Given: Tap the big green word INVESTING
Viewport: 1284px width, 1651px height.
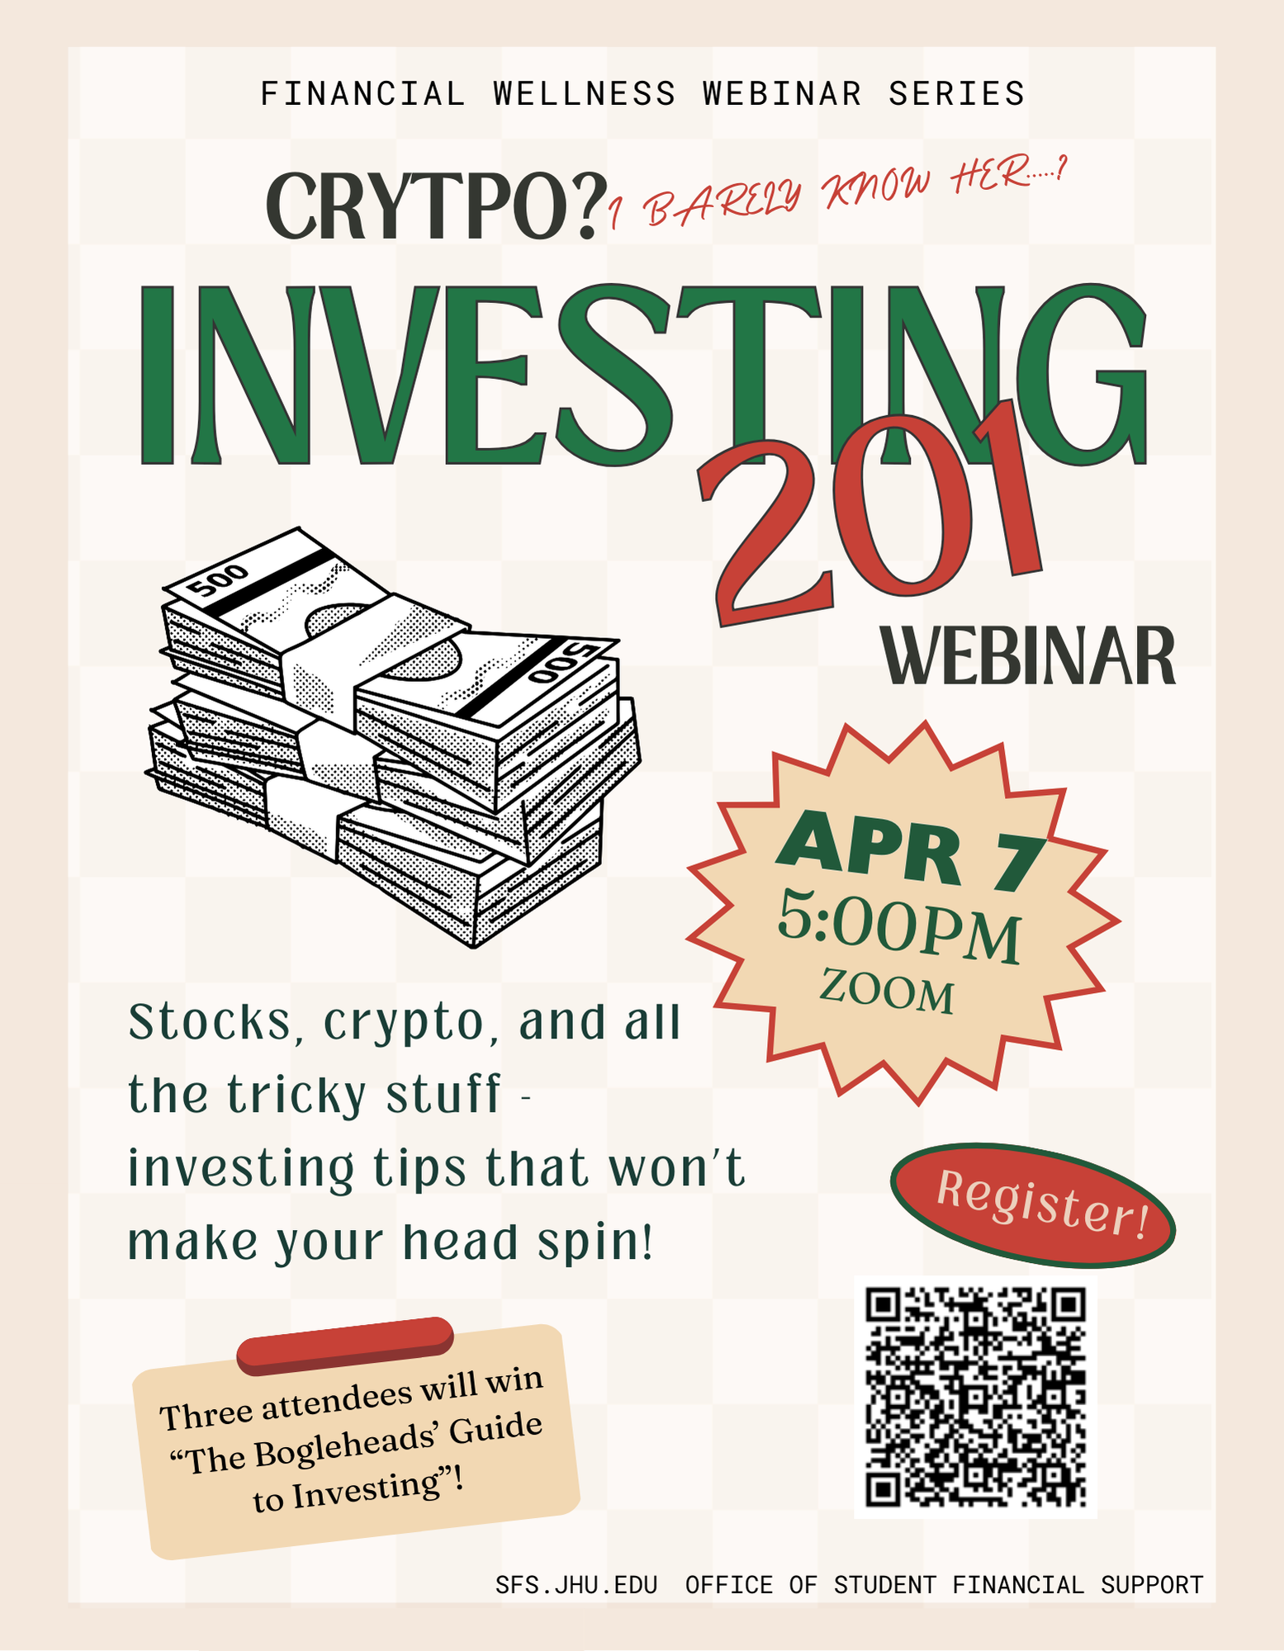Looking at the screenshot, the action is tap(642, 376).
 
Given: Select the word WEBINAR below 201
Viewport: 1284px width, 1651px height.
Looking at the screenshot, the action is tap(1028, 656).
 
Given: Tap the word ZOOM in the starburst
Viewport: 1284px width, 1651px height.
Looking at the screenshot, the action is tap(887, 991).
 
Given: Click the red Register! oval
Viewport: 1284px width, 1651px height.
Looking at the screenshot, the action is tap(1033, 1204).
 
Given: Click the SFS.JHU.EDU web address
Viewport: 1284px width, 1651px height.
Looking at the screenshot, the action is tap(576, 1585).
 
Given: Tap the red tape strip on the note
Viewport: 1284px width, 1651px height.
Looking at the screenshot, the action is tap(345, 1346).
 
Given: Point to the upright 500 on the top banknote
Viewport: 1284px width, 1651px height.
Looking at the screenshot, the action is tap(217, 580).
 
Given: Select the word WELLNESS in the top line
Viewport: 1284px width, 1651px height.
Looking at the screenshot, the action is tap(585, 94).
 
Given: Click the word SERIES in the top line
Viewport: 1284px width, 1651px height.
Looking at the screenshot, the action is tap(956, 94).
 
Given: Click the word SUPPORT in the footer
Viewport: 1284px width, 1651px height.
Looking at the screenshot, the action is tap(1152, 1585).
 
